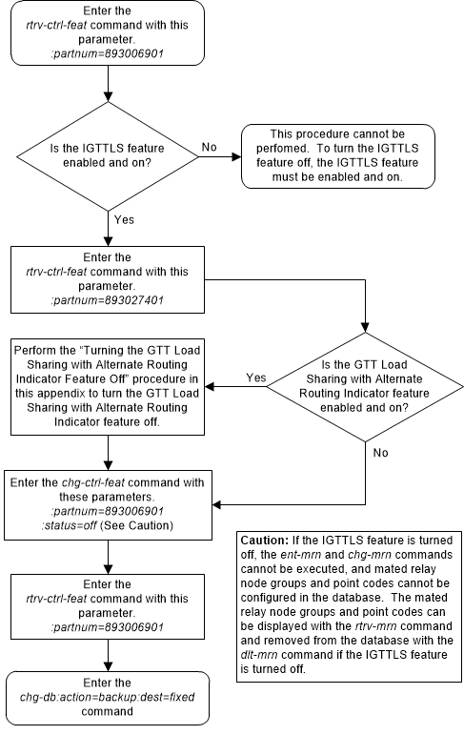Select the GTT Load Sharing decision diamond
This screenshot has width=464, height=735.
point(366,387)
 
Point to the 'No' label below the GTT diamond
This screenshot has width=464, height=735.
point(380,453)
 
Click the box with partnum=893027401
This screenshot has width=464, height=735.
point(112,280)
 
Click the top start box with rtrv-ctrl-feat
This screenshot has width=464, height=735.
point(112,33)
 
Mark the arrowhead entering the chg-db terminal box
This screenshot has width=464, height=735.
point(112,671)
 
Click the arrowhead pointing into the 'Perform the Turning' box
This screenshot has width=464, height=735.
point(213,387)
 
